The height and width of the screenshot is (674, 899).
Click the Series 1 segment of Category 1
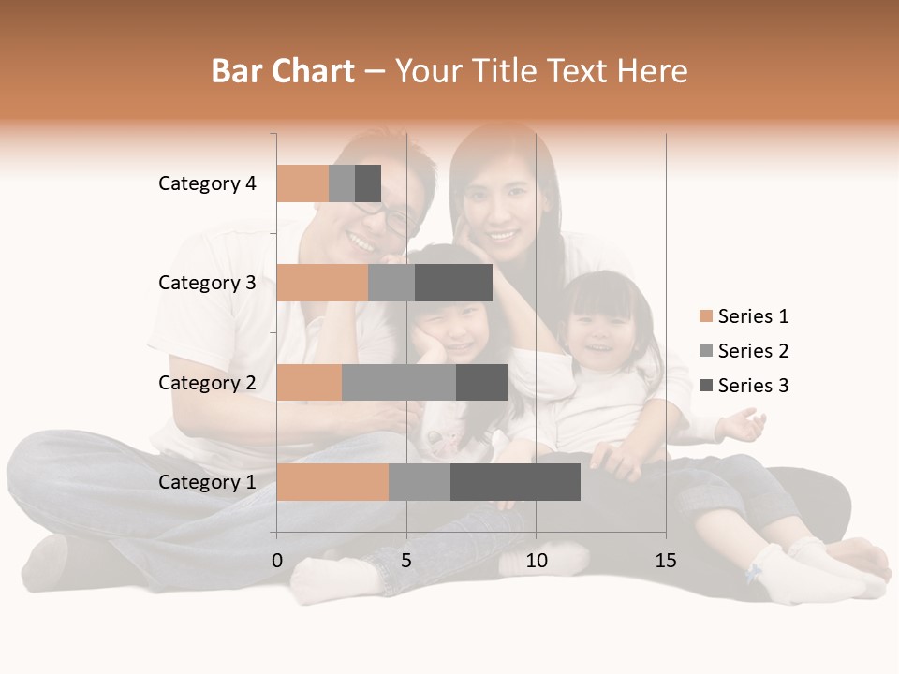click(332, 482)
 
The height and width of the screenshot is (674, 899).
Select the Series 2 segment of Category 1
click(420, 482)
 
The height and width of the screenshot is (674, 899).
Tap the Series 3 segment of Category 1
click(515, 482)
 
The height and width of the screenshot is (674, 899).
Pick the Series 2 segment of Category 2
click(399, 382)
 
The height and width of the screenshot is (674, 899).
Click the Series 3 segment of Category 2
click(481, 382)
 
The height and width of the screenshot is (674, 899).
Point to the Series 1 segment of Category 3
click(322, 283)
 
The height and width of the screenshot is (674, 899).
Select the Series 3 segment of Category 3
click(453, 283)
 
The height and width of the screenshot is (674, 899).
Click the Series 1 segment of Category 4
click(302, 183)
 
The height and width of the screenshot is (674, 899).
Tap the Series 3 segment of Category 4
click(368, 183)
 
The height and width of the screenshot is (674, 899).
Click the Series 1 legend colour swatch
click(705, 316)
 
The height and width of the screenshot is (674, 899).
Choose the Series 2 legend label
click(753, 351)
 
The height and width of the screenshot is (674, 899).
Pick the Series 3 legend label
click(753, 386)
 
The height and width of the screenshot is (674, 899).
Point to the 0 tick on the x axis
click(277, 561)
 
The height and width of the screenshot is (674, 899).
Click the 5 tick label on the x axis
click(406, 561)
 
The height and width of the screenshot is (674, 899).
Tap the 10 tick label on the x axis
click(536, 561)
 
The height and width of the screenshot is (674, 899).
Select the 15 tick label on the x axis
click(665, 561)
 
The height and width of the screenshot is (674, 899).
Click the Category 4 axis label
click(207, 183)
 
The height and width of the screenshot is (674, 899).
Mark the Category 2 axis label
click(207, 382)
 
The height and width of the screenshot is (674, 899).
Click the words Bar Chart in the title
click(283, 71)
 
